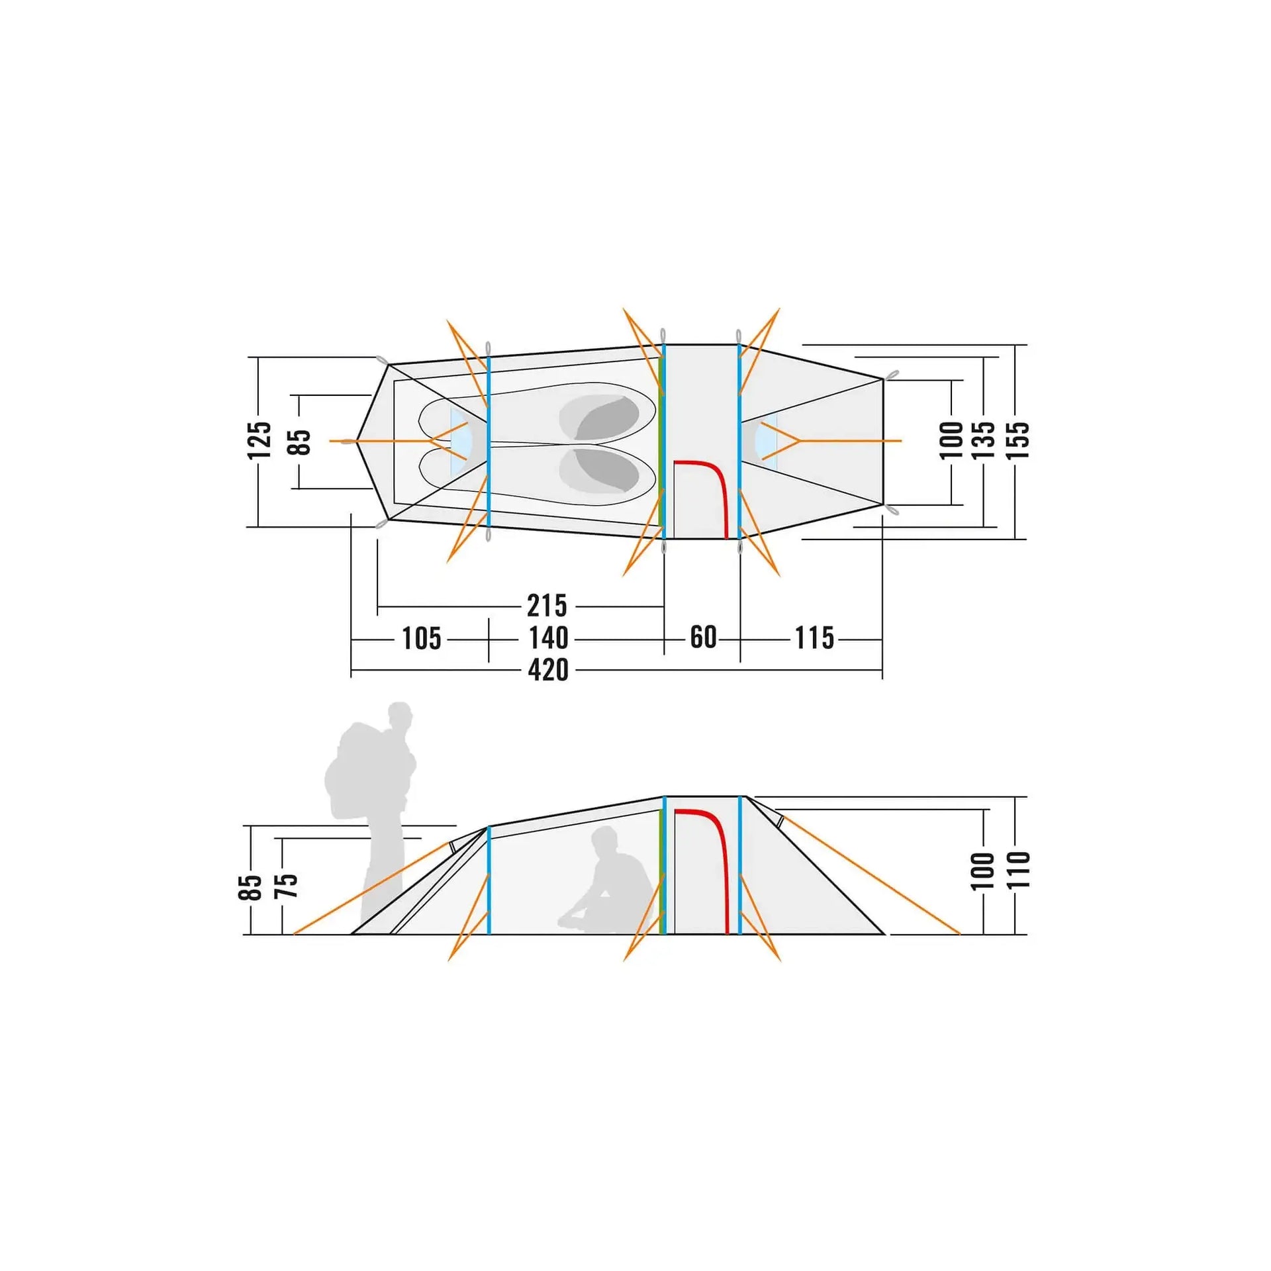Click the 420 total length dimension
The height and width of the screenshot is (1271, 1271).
548,670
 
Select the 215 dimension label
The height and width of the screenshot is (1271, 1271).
547,606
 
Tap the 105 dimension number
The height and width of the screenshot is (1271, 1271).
421,639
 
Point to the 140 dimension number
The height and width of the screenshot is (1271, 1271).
548,639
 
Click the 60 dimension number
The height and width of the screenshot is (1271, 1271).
703,637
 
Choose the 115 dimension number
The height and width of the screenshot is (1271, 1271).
814,638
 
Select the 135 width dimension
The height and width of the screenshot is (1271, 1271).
984,440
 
